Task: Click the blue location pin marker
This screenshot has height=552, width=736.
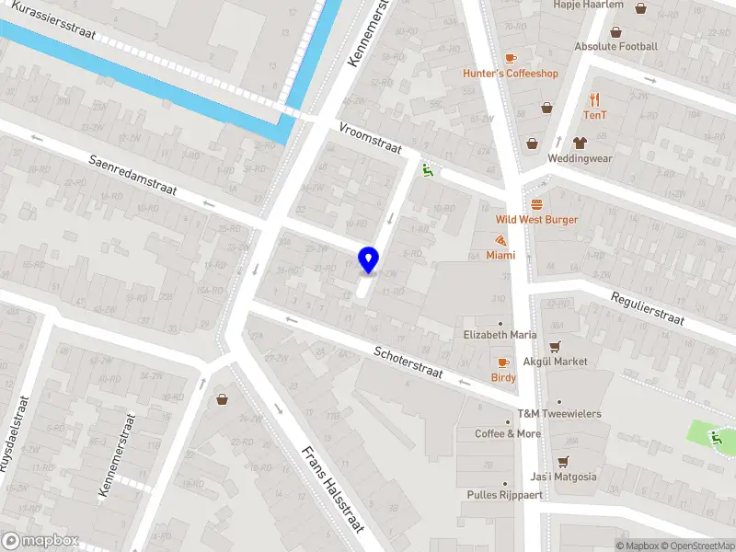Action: (x=368, y=259)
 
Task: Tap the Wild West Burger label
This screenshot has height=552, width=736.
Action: (x=536, y=219)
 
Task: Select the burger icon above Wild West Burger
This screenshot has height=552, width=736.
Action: (x=536, y=203)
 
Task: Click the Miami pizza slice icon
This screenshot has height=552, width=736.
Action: (x=500, y=241)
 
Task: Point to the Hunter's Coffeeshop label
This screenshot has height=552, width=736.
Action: (x=511, y=74)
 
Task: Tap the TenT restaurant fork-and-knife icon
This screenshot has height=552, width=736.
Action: (x=595, y=99)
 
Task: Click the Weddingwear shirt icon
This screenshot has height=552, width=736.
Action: (x=580, y=143)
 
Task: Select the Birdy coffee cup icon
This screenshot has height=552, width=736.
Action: (x=502, y=362)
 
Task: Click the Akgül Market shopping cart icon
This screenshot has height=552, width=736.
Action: (x=555, y=347)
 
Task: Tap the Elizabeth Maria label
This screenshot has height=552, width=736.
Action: (x=500, y=335)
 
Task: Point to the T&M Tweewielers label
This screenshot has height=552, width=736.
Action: (x=558, y=414)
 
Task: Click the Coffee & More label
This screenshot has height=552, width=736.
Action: (x=508, y=433)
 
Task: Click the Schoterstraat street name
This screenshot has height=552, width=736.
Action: (x=408, y=363)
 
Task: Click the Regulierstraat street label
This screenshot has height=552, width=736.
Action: (x=648, y=307)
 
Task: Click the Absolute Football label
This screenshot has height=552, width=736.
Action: (x=615, y=46)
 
